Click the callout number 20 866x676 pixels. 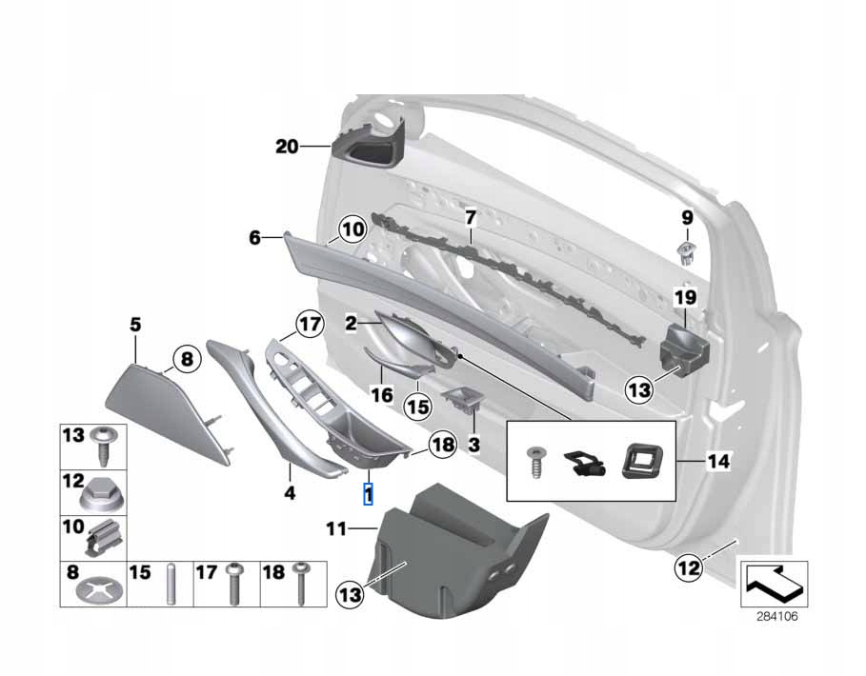point(287,147)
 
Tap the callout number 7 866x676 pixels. point(470,217)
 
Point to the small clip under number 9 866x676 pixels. point(687,252)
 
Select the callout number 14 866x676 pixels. point(719,463)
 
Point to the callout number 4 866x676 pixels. point(290,493)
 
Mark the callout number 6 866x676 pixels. point(254,238)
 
